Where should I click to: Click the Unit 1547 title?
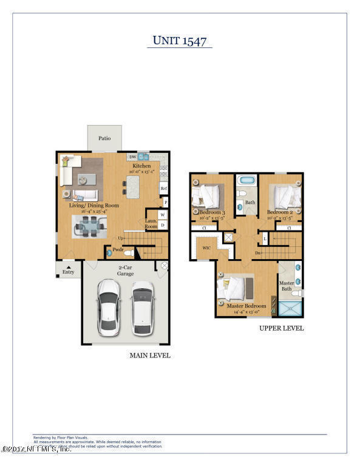coord(180,41)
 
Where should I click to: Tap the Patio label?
coord(104,138)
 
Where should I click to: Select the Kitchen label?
coord(141,165)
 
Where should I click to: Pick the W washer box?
coord(163,215)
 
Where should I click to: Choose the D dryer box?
coord(163,225)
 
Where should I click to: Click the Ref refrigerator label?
coord(163,189)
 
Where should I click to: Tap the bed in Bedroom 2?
coord(283,195)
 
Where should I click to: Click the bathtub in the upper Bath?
coord(246,181)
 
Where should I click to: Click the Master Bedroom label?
coord(246,306)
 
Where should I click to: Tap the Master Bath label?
coord(286,286)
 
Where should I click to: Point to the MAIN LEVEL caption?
coord(150,356)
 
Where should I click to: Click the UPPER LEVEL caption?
coord(281,328)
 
